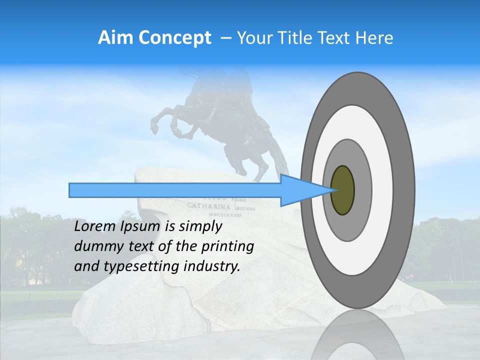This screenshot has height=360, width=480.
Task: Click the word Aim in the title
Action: coord(116,38)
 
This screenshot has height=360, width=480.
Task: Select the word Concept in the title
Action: coord(174,38)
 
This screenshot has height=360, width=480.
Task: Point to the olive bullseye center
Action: coord(342,190)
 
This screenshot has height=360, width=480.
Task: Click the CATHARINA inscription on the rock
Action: coord(209,206)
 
